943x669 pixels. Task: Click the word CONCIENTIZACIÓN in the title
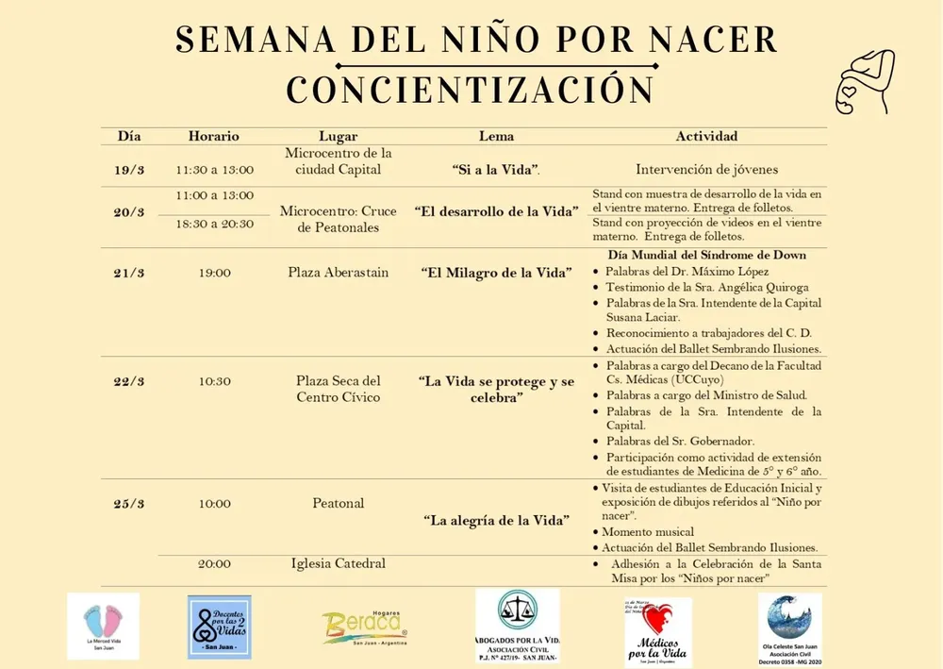[471, 90]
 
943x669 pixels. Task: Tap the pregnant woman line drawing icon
[865, 82]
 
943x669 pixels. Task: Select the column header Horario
[214, 137]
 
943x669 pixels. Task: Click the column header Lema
[496, 137]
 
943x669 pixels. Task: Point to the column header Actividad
[706, 137]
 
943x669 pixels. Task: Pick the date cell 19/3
[129, 170]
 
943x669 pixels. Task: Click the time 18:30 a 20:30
[214, 224]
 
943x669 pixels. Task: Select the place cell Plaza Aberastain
[338, 273]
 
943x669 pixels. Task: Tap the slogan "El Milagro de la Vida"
[496, 273]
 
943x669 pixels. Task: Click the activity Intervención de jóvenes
[706, 170]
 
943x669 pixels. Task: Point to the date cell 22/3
[129, 381]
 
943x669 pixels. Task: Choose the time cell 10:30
[214, 381]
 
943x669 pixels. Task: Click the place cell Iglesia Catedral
[338, 563]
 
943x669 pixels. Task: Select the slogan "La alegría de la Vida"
[496, 520]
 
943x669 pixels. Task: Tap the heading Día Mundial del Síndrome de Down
[706, 255]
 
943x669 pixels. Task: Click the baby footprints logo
[103, 623]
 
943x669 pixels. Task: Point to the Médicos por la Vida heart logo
[657, 630]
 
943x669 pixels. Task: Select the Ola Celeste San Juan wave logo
[789, 627]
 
